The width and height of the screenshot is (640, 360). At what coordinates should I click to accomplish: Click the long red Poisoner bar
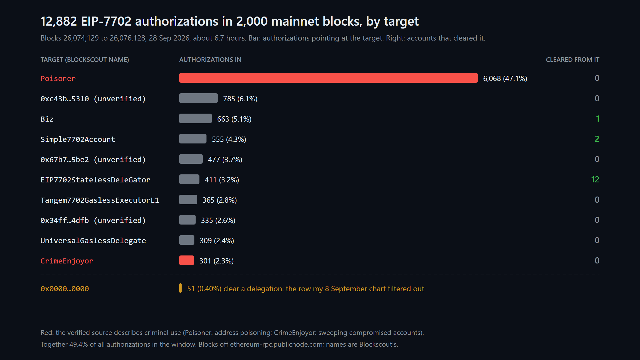328,78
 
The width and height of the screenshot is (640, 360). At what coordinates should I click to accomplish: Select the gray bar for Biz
195,118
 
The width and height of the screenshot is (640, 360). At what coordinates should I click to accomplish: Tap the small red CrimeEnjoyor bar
186,260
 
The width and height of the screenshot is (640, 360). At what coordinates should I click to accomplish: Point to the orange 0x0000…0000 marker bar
181,288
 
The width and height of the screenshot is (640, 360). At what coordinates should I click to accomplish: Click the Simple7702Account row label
78,139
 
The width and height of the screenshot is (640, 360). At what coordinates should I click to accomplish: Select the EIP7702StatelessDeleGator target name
95,180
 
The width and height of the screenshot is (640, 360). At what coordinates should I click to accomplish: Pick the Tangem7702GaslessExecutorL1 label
100,200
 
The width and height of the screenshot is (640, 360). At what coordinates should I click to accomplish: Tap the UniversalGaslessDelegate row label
93,241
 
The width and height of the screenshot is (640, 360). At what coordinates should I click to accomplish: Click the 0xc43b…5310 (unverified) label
93,99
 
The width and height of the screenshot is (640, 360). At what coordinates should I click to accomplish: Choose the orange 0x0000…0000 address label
65,289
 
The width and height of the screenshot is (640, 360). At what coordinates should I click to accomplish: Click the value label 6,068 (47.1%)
505,78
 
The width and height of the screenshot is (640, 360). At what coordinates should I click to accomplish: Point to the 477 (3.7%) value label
225,159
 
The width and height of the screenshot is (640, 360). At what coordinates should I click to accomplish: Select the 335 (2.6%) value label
218,220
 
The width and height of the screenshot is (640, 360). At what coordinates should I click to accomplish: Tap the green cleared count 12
595,179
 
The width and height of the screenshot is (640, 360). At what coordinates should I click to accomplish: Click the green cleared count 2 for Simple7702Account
597,139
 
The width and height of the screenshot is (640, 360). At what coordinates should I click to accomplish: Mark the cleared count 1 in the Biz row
598,119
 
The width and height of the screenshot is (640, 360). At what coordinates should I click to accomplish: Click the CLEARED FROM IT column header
573,59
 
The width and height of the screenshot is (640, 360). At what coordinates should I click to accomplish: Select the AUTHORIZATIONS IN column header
210,59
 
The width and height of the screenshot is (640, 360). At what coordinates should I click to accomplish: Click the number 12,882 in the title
59,21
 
